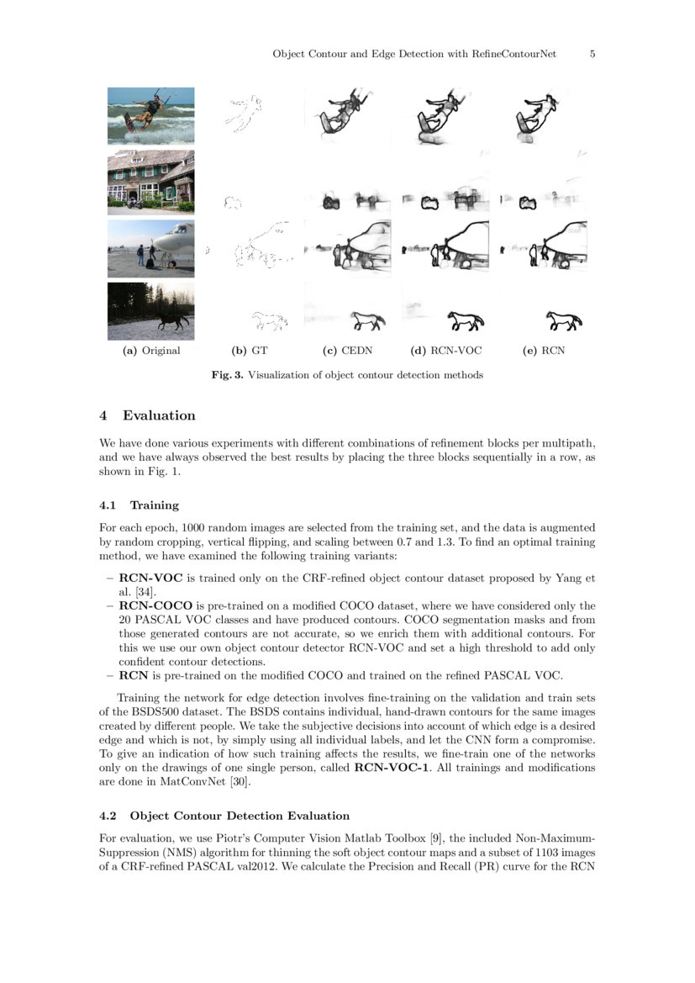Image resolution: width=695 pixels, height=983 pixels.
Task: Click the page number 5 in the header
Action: (x=592, y=54)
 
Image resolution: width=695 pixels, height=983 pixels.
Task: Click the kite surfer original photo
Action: (x=150, y=116)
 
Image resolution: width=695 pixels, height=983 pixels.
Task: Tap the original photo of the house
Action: (x=150, y=181)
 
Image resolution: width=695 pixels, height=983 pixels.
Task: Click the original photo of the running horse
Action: (x=150, y=310)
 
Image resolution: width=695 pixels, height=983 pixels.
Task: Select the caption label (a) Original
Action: (x=151, y=351)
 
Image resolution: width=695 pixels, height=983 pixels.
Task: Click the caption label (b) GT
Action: (x=250, y=351)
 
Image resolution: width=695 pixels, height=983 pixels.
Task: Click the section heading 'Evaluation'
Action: (x=159, y=415)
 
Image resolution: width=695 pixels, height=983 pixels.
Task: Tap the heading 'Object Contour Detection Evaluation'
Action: (x=240, y=816)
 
